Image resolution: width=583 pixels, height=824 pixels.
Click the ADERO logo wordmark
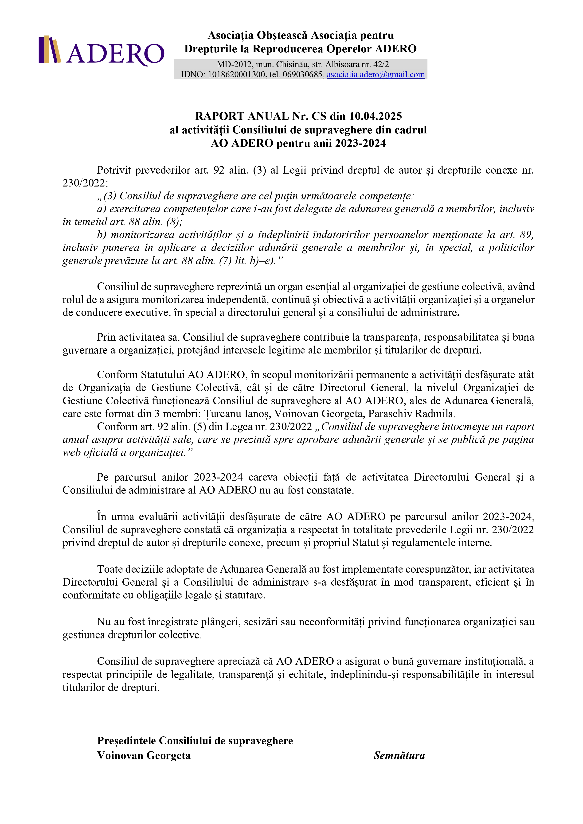[x=115, y=54]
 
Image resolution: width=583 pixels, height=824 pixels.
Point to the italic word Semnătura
[x=399, y=755]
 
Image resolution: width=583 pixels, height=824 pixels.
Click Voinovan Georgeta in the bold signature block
[x=144, y=755]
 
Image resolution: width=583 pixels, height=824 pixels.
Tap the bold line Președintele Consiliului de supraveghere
[x=195, y=741]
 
